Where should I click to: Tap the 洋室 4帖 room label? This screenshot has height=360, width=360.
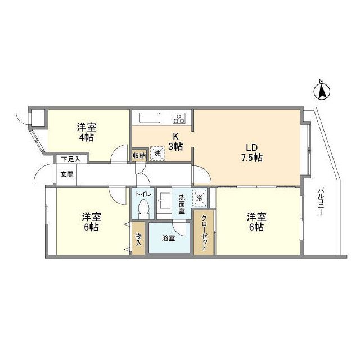coord(87,132)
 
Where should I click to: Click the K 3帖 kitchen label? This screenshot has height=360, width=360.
coord(177,142)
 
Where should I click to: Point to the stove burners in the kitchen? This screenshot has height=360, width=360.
coord(179,118)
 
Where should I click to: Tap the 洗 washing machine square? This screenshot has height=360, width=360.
coord(157,154)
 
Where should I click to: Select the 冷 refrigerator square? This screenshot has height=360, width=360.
coord(199,197)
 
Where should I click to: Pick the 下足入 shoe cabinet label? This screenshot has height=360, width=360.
coord(71,159)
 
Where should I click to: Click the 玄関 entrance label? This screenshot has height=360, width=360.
coord(67,174)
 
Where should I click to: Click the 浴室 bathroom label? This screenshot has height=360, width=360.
coord(168,238)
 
